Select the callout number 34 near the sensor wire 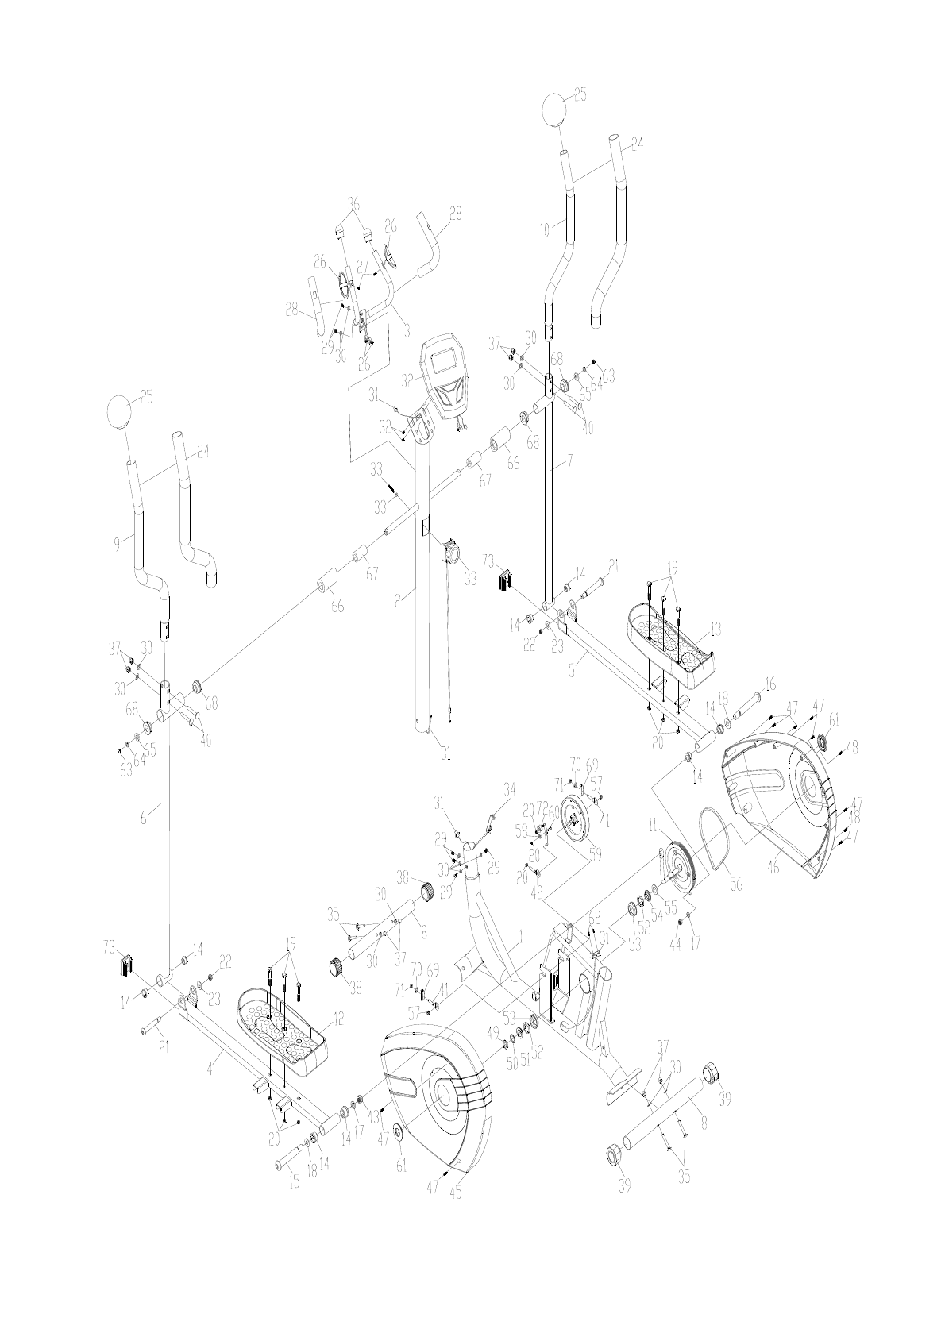pos(509,788)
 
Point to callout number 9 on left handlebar pos(117,543)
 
